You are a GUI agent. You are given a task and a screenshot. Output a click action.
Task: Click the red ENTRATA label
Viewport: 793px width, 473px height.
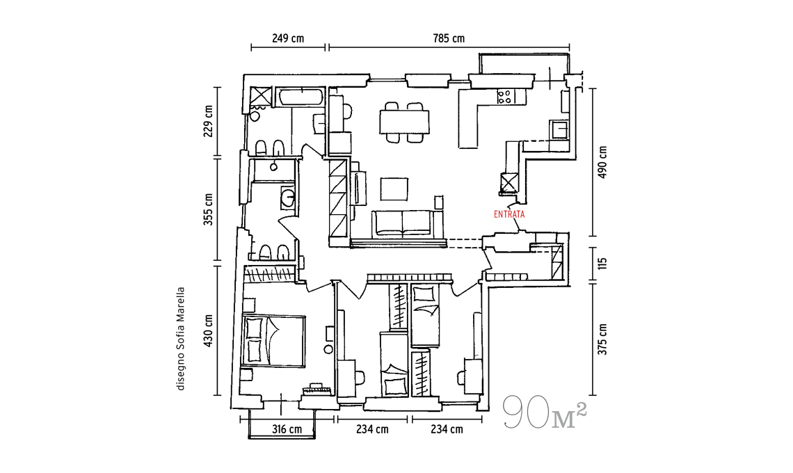(509, 214)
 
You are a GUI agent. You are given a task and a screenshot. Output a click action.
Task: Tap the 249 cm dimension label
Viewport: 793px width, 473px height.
(288, 38)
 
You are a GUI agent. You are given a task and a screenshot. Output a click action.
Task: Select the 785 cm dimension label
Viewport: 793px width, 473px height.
(449, 38)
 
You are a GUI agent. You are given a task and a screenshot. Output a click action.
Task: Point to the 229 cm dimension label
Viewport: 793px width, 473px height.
(208, 122)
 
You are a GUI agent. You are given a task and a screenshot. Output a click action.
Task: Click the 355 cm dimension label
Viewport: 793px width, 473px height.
(208, 209)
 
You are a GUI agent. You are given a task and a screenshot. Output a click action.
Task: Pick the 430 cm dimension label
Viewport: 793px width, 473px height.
(208, 331)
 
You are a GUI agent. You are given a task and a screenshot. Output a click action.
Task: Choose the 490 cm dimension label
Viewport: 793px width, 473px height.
(602, 162)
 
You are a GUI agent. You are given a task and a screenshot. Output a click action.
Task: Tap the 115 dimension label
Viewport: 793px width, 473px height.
(602, 264)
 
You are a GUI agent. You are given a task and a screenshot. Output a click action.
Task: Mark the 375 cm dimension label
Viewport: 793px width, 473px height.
(602, 339)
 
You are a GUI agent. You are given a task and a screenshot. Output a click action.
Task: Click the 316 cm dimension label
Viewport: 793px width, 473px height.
(287, 429)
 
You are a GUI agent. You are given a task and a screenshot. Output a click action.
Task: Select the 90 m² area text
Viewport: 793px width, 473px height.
(545, 411)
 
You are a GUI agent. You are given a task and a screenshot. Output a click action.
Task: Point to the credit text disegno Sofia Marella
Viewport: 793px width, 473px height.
(181, 339)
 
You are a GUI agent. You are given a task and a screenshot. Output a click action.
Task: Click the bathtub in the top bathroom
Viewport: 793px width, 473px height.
(299, 98)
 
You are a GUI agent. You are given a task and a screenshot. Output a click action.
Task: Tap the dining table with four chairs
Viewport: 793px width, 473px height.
(404, 122)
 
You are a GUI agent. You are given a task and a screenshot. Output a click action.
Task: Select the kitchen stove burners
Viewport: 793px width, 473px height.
(505, 96)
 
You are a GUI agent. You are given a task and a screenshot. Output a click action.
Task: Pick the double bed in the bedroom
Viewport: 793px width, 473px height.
(273, 340)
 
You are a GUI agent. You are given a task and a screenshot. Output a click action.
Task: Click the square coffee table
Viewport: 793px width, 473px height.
(394, 189)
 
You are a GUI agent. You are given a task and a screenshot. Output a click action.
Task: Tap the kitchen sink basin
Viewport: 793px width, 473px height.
(559, 129)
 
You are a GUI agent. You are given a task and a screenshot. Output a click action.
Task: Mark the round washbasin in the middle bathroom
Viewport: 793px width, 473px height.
(288, 198)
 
